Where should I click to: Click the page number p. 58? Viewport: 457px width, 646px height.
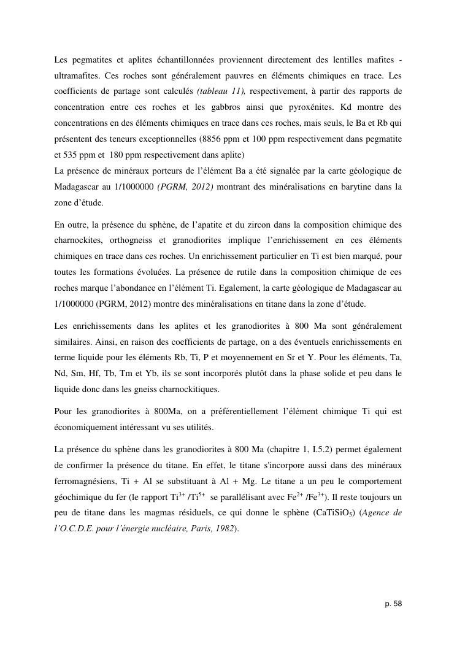click(393, 604)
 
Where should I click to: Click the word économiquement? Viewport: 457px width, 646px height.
click(86, 429)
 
